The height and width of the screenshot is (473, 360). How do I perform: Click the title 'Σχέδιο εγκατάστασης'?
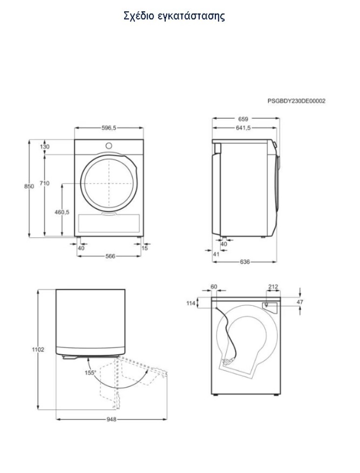point(174,16)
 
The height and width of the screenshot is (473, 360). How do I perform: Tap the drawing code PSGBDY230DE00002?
point(296,101)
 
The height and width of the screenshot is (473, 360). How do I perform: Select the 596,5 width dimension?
point(108,128)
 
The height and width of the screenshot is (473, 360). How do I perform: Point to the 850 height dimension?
point(29,186)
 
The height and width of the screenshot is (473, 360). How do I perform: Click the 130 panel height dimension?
point(44,147)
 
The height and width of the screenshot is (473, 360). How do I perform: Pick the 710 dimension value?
point(44,183)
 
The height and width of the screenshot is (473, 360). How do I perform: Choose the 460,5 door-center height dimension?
point(62,212)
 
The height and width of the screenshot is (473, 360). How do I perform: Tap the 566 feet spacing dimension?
point(110,256)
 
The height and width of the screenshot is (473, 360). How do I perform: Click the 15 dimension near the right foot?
point(145,248)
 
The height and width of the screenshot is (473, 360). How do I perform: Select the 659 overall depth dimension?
point(243,119)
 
